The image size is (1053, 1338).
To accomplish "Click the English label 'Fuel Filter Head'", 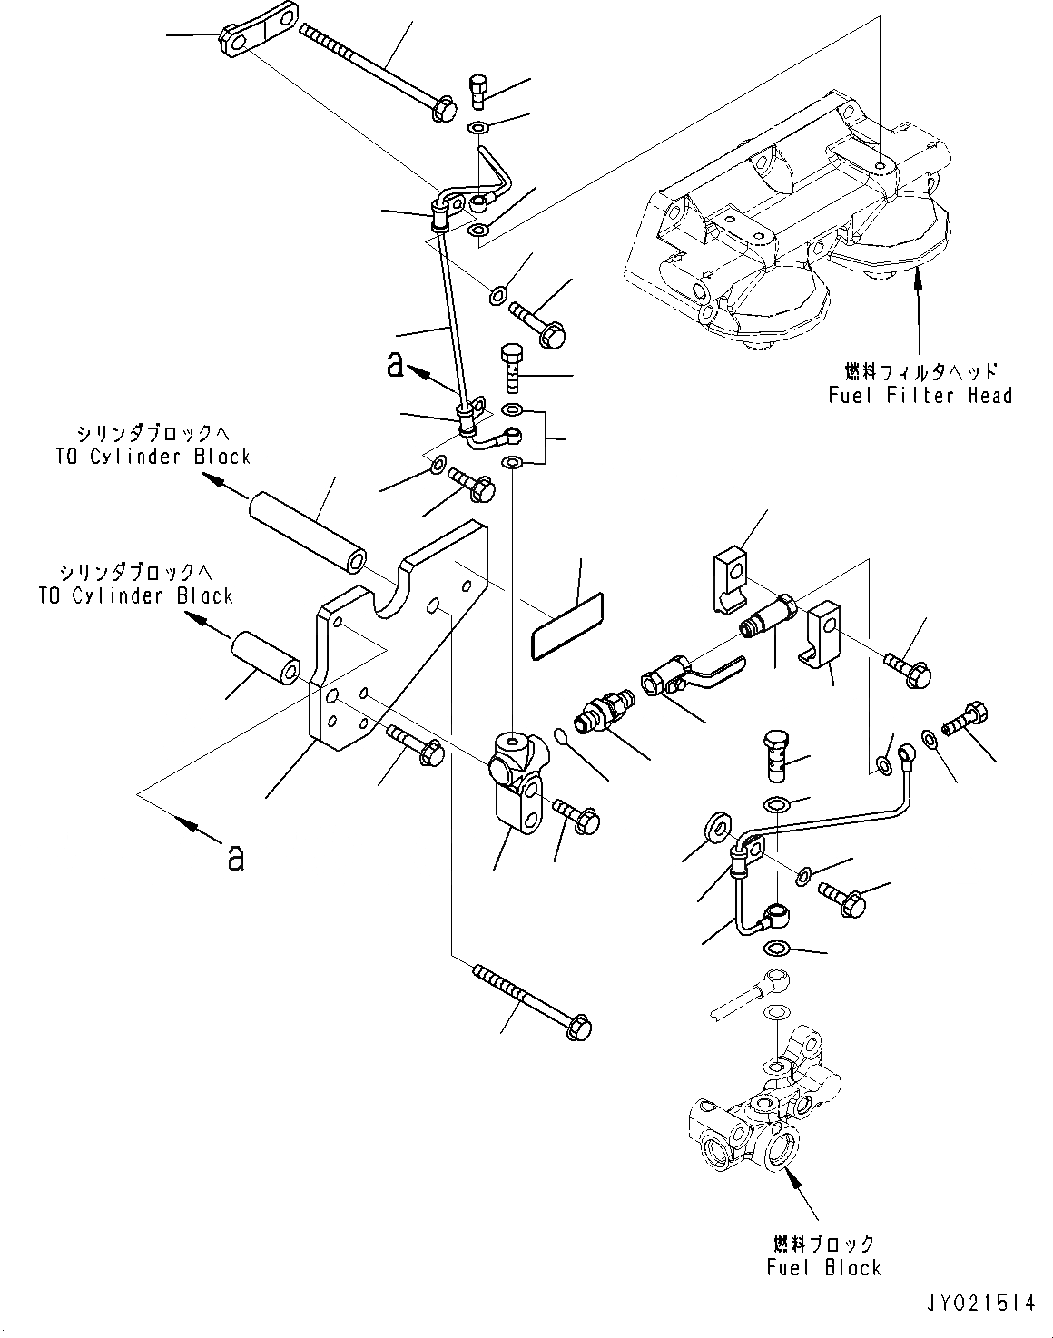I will (920, 395).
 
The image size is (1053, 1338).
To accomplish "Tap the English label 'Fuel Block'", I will (823, 1267).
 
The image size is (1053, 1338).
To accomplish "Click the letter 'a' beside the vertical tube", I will (394, 363).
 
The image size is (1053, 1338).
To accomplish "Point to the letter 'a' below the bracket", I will (235, 856).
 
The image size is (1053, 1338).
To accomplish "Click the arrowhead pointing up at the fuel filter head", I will (918, 274).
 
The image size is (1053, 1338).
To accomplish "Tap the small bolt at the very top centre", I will (478, 89).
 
